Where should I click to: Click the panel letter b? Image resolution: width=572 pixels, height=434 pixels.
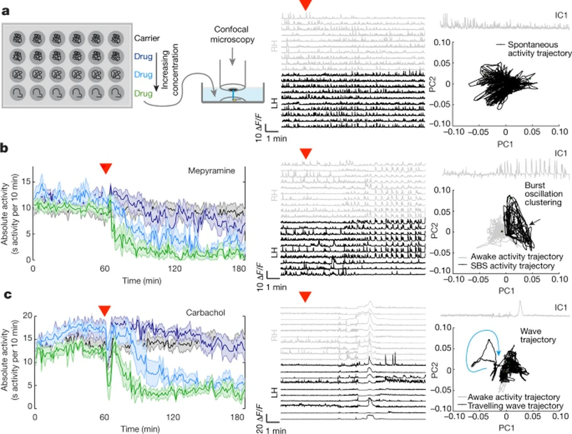pyautogui.click(x=7, y=148)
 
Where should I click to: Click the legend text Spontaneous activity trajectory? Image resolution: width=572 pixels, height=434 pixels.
pyautogui.click(x=533, y=49)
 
